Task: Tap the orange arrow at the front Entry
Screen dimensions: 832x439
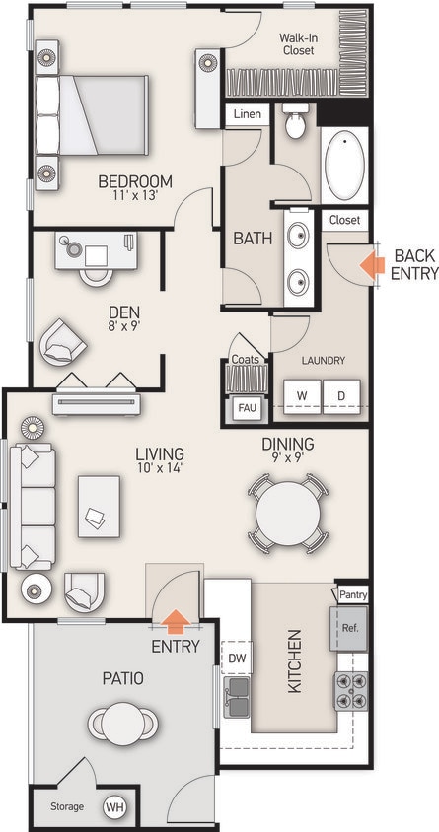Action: pos(176,621)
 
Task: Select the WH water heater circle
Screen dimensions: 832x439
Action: pos(115,807)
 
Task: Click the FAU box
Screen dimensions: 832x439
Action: pos(245,408)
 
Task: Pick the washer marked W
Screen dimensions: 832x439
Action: pos(302,395)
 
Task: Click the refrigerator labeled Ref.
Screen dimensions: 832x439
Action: pos(350,628)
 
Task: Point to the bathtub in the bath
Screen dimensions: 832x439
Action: pos(344,165)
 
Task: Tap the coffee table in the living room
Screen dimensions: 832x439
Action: pos(99,506)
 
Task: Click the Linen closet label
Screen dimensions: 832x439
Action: pos(247,114)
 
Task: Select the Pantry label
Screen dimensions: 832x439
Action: pos(352,594)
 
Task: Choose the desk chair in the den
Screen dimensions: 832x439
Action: pos(96,273)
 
